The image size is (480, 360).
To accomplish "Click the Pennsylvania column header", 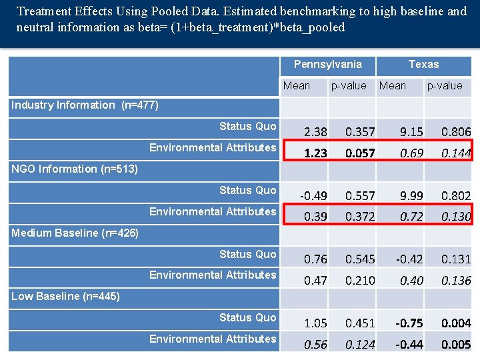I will tap(327, 64).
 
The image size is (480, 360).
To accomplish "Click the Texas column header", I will tap(423, 64).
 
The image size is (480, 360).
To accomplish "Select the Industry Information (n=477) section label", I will tap(85, 105).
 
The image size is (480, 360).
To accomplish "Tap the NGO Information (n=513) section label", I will tap(75, 169).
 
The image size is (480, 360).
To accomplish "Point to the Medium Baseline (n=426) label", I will tap(75, 233).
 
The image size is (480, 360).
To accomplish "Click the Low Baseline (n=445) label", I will tap(65, 296).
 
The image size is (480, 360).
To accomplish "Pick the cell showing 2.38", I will tap(315, 132).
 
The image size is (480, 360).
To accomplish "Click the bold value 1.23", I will tap(315, 153).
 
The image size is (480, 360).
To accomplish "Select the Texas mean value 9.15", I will tap(411, 132).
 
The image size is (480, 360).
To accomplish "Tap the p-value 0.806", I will tap(456, 132).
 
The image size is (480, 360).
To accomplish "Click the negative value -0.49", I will tap(313, 196).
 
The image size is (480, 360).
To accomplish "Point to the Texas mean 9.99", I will tap(411, 196).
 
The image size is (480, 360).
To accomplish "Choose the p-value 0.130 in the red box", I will tap(456, 217).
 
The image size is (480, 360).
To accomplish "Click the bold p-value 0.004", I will tap(456, 323).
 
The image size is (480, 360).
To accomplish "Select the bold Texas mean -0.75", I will tap(409, 323).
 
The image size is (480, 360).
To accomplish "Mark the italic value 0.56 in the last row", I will tap(315, 345).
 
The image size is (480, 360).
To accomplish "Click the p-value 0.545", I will tap(360, 259).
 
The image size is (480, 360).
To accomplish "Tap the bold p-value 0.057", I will tap(360, 153).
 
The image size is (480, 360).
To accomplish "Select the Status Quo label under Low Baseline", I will tap(247, 317).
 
